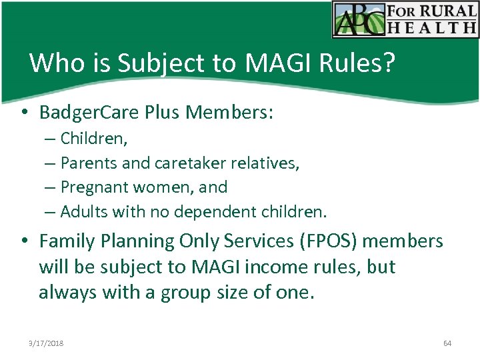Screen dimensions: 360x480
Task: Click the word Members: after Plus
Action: click(x=230, y=113)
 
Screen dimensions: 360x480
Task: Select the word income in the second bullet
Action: click(x=285, y=267)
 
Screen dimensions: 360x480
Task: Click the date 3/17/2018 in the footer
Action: click(x=46, y=343)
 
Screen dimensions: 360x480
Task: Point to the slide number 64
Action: click(x=447, y=343)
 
